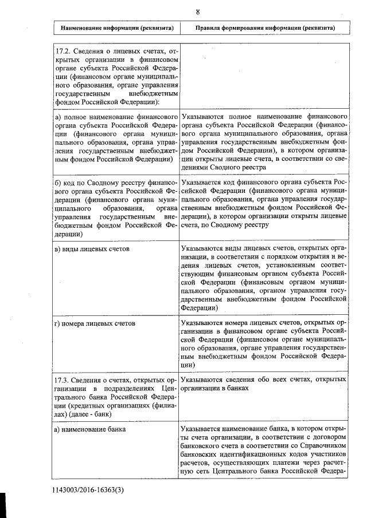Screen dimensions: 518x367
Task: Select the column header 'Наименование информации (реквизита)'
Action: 116,28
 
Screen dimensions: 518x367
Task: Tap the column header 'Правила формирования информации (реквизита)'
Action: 265,28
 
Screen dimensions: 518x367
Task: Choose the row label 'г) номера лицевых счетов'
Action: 95,323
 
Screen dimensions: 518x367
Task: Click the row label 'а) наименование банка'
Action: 90,428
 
